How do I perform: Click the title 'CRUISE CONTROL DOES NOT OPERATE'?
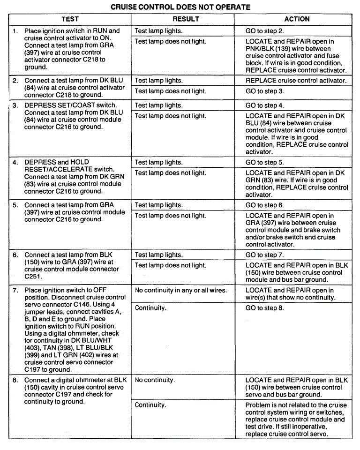(x=180, y=7)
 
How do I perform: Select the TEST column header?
(x=70, y=19)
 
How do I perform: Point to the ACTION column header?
(x=297, y=19)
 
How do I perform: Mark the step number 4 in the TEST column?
(x=15, y=162)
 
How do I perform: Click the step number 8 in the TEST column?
(x=15, y=380)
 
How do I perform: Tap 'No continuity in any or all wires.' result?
(x=181, y=291)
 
